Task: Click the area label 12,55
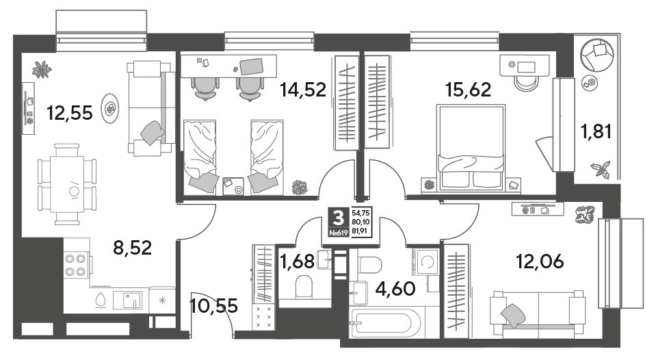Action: tap(70, 113)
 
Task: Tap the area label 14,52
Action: tap(303, 90)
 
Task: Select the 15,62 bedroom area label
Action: tap(468, 90)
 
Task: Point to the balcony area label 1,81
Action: tap(596, 131)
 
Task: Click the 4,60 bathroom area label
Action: tap(395, 288)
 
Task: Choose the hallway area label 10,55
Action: tap(214, 305)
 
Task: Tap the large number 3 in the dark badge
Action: tap(338, 218)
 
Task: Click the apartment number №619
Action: tap(339, 233)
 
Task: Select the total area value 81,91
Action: tap(361, 230)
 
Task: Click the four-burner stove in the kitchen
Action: tap(76, 266)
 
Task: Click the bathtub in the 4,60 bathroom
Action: tap(385, 323)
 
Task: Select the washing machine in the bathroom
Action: tap(426, 262)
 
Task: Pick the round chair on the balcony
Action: tap(596, 55)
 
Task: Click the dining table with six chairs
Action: tap(67, 184)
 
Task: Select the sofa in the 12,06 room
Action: tap(538, 314)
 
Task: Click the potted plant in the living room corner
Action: tap(42, 70)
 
